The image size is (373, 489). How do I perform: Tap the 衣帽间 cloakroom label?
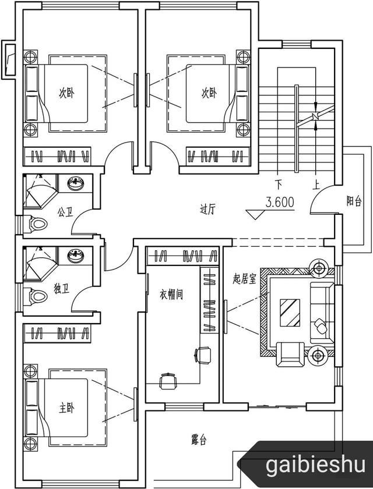171,295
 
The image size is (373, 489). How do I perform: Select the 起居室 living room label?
245,279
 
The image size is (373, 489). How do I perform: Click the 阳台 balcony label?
354,201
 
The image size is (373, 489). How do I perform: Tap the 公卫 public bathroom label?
65,213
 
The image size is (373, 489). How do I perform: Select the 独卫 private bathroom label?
61,288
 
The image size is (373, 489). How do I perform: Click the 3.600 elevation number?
280,203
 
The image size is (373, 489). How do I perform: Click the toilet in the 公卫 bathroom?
38,222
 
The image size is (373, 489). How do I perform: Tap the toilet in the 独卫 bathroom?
38,296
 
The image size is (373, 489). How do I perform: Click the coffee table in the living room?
289,314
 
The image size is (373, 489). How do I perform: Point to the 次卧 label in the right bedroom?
209,93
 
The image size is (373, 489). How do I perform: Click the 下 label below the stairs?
279,185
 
